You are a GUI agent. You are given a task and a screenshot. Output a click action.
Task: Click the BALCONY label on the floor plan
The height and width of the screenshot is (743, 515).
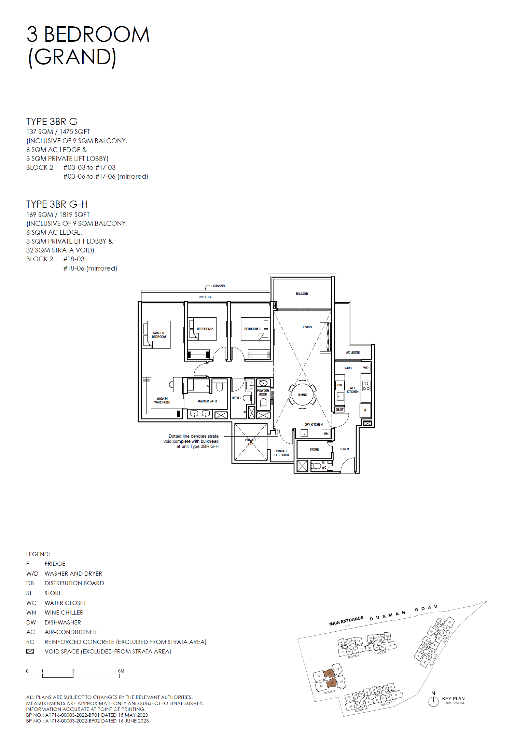coord(302,293)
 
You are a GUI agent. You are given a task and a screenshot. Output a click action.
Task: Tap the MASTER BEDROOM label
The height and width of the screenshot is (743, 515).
coord(159,335)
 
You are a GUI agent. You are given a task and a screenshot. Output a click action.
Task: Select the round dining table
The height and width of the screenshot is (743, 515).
coord(302,395)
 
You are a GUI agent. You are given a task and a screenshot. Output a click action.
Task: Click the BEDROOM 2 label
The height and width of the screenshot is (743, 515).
coord(205,329)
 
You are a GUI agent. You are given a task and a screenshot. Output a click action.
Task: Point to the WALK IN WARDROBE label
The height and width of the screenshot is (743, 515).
coord(162,400)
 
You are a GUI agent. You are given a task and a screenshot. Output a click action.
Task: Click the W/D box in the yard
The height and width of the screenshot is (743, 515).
coord(366,368)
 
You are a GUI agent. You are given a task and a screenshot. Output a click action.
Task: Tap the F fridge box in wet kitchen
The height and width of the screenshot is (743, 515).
coord(365,411)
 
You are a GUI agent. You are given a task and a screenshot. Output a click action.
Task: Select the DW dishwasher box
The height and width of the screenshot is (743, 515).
coord(339,385)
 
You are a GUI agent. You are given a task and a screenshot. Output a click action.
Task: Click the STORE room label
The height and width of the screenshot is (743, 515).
coord(314,450)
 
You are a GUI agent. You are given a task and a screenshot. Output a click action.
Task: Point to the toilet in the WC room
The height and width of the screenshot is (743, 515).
coord(316,466)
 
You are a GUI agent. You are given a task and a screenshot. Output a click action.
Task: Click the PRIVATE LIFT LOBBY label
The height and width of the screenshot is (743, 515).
coord(282,453)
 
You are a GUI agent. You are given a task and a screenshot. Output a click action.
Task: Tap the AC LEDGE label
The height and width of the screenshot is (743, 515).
coord(352,352)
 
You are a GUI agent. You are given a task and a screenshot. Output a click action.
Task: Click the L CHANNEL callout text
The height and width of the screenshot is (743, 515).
coord(218,286)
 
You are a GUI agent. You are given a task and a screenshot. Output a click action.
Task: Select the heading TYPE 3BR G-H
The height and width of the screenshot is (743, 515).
coord(57,204)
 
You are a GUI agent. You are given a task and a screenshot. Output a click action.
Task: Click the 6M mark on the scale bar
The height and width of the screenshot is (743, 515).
coord(121,671)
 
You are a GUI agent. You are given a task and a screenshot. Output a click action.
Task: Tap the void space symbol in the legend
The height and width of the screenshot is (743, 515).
coord(30,651)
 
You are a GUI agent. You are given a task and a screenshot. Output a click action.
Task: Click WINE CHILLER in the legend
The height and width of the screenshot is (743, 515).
coord(64,613)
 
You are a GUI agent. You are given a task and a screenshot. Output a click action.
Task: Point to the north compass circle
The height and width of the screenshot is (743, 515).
coord(433,702)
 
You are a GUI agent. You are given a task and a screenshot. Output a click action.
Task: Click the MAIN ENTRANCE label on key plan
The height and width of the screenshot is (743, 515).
coord(346,621)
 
